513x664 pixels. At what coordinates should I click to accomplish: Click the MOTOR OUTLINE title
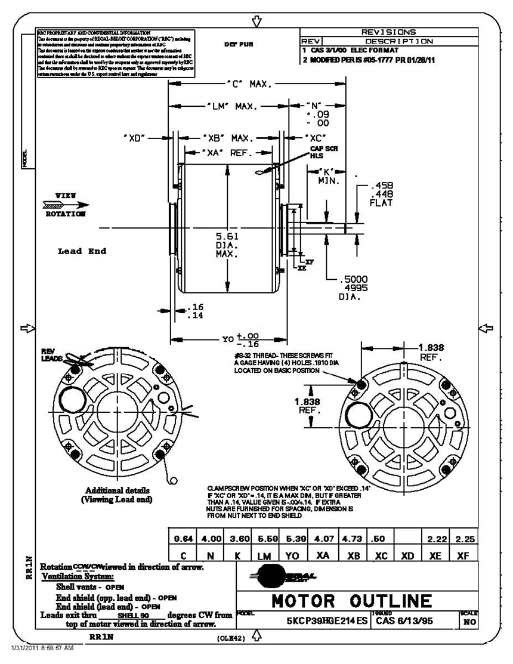coord(351,600)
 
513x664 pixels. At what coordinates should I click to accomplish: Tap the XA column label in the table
coord(323,555)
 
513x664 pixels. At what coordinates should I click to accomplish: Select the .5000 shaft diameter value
coord(353,279)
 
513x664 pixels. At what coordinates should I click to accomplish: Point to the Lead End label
coord(82,251)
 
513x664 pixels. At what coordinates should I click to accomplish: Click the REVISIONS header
coord(388,32)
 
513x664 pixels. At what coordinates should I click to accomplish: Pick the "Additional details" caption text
coord(117,490)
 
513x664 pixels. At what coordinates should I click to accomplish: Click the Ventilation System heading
coord(78,577)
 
